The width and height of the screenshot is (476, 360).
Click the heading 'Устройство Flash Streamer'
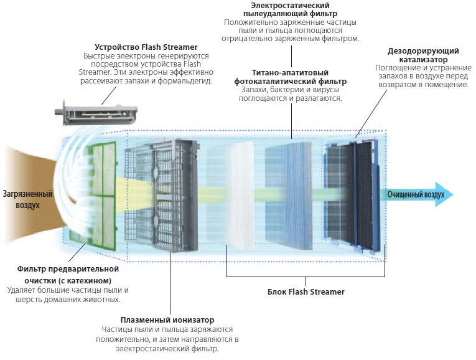click(x=146, y=47)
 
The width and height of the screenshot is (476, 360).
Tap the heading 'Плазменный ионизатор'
click(x=167, y=320)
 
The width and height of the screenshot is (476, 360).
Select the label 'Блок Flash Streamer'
click(x=306, y=292)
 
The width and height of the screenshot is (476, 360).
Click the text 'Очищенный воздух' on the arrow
click(x=416, y=194)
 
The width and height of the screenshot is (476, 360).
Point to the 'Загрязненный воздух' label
click(x=27, y=199)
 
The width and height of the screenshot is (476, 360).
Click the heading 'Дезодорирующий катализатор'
click(x=423, y=55)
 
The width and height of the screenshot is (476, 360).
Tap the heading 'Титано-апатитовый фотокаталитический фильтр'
click(x=290, y=77)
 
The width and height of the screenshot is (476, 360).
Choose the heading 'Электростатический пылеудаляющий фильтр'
click(x=290, y=9)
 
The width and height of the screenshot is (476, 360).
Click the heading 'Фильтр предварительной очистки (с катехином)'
click(x=68, y=275)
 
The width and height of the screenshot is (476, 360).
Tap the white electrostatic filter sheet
click(x=240, y=196)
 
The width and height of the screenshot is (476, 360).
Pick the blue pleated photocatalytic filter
click(x=288, y=196)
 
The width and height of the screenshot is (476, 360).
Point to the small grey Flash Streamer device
click(x=96, y=112)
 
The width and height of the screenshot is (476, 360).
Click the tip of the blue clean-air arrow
click(x=454, y=194)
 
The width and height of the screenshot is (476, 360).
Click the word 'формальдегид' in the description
click(x=185, y=81)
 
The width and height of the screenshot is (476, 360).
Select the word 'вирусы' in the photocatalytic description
click(x=326, y=90)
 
